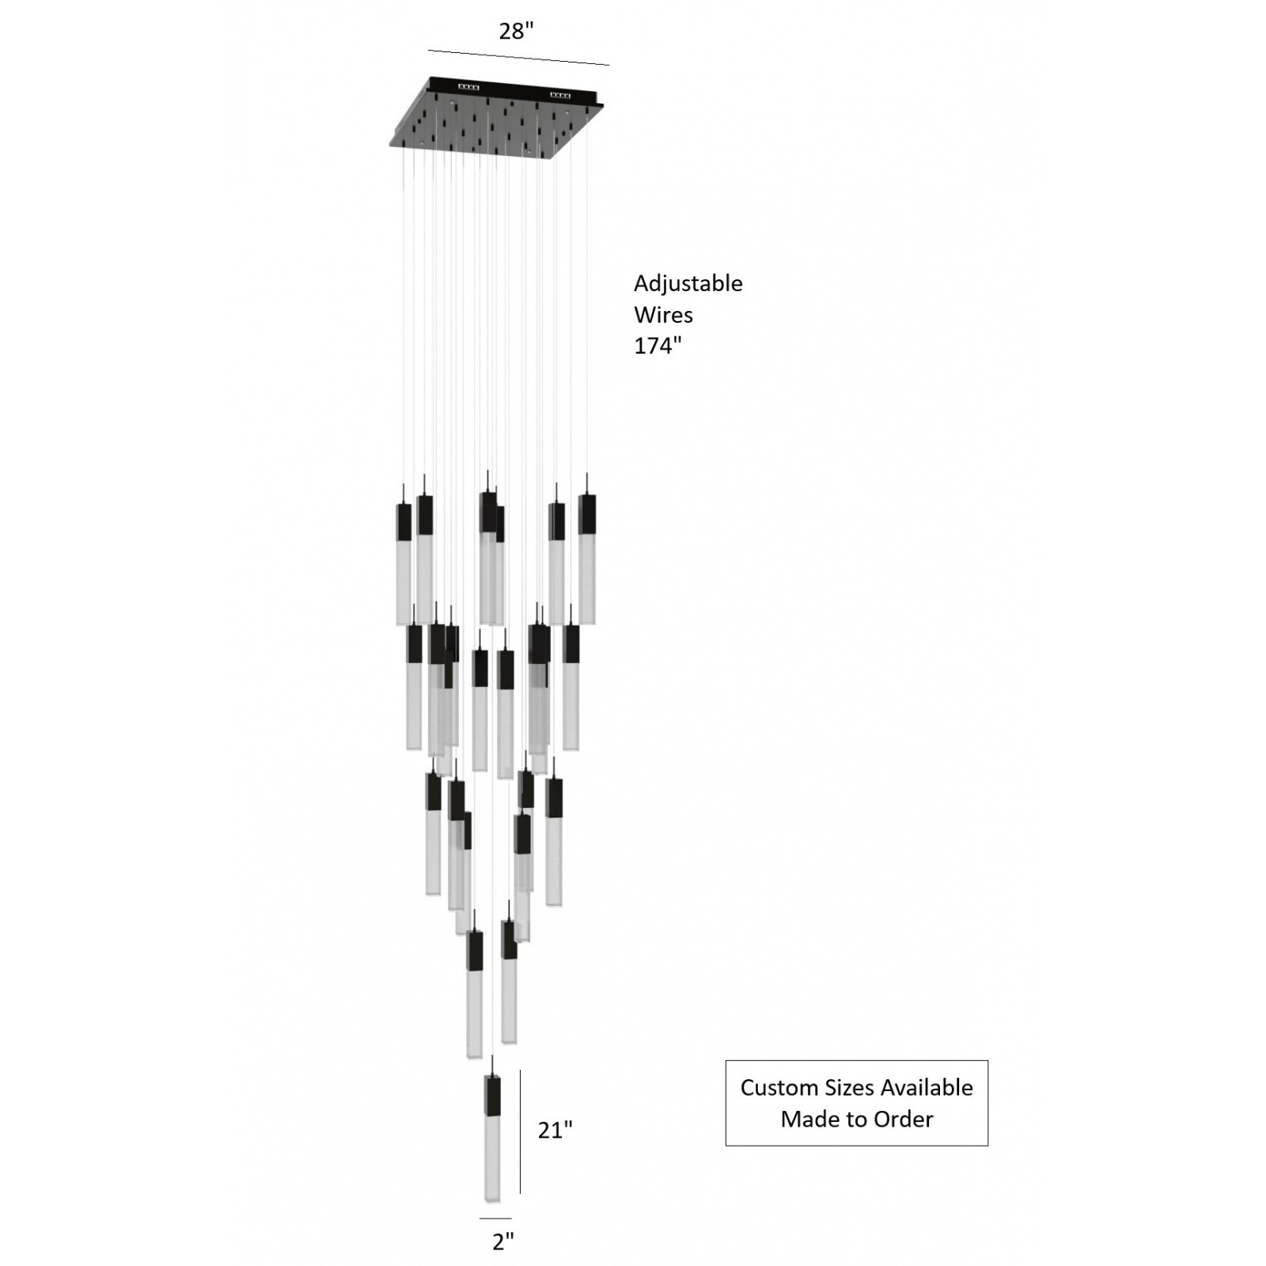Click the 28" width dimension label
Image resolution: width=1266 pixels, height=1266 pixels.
tap(516, 32)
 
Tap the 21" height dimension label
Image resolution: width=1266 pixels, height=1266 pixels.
tap(555, 1131)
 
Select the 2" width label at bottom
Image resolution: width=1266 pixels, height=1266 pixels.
tap(503, 1241)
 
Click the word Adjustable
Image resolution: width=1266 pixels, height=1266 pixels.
tap(688, 283)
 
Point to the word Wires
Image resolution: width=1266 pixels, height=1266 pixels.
tap(663, 315)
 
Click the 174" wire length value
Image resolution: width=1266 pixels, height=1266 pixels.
tap(657, 346)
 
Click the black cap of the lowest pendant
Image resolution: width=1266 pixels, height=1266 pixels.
tap(492, 1094)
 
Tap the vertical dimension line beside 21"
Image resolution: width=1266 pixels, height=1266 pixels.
tap(520, 1131)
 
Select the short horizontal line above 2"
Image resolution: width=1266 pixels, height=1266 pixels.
tap(495, 1219)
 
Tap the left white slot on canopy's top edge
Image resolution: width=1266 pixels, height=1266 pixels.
tap(468, 87)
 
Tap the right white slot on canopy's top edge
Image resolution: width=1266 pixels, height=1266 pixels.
tap(559, 96)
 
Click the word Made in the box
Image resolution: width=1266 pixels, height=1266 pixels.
tap(806, 1120)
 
